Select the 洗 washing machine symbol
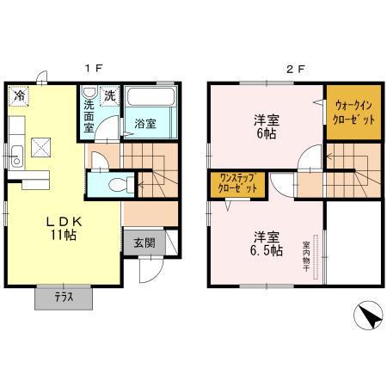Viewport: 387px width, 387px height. coord(110,95)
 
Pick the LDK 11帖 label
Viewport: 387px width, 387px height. coord(61,227)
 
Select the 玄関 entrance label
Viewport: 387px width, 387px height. coord(144,243)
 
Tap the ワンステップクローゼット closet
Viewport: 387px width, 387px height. coord(236,182)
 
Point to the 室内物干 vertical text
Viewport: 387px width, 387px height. coord(306,256)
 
